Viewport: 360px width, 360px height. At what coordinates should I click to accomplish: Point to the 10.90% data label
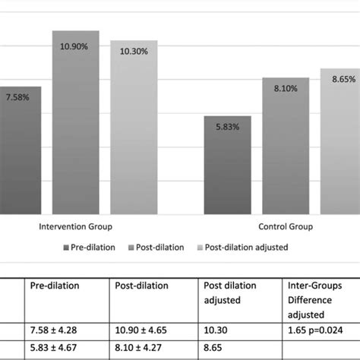coord(75,46)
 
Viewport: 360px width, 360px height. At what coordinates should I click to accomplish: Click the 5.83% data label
coord(226,127)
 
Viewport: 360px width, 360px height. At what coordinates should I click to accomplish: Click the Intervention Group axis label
coord(73,226)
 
